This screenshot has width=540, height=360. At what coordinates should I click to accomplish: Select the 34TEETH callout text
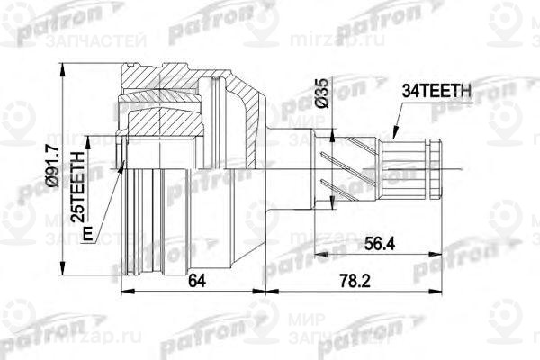[x=436, y=90]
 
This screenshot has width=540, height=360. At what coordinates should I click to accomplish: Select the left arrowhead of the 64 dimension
[x=122, y=291]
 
